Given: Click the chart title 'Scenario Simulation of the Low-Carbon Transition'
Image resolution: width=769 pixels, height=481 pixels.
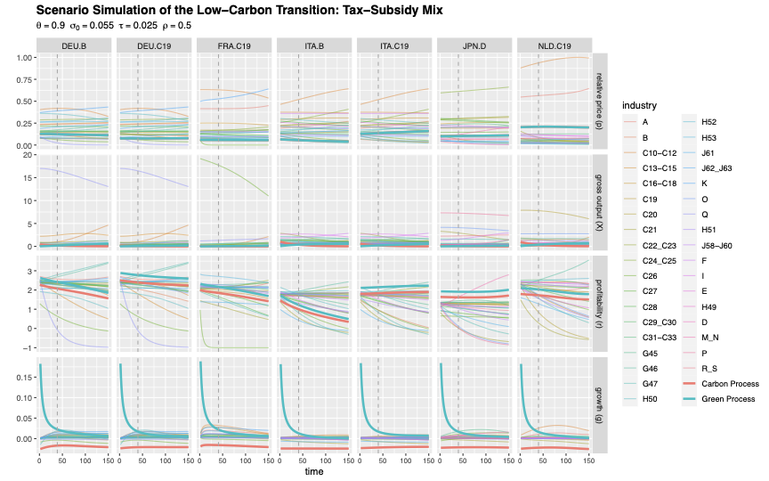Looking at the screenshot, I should click(239, 10).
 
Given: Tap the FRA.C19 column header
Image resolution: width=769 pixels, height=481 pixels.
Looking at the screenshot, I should click(234, 45).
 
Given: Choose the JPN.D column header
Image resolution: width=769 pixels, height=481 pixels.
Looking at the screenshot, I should click(474, 45).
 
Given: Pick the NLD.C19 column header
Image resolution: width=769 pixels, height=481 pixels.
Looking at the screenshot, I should click(554, 45).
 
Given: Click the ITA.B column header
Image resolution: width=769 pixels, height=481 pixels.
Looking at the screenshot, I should click(314, 45).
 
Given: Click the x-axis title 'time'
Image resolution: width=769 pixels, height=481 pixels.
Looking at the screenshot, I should click(313, 472).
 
